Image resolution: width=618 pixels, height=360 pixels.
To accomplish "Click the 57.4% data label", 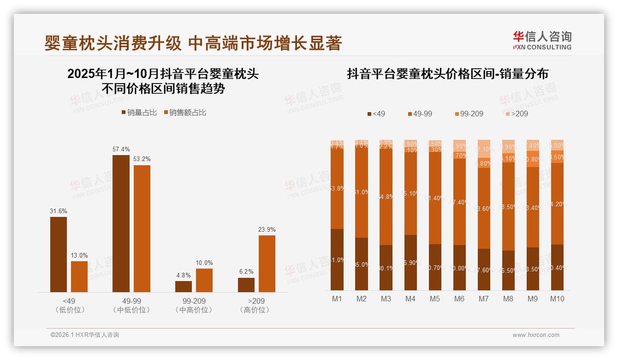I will click(121, 149).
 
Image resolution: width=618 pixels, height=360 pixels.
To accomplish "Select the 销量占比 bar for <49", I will click(59, 254).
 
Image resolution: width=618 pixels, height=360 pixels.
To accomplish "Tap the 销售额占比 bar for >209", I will click(267, 264).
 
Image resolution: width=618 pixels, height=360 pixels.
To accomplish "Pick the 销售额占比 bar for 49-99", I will click(142, 228).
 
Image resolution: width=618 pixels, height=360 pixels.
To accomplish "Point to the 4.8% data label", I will click(184, 275).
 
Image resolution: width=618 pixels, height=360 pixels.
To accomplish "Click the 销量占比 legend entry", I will click(139, 113).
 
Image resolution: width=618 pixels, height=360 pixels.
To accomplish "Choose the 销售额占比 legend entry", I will click(185, 113).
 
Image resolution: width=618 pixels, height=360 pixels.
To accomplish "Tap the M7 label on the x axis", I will click(483, 299).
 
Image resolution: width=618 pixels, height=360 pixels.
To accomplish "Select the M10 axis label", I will click(557, 299).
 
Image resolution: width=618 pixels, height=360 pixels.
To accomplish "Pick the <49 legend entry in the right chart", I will click(376, 114).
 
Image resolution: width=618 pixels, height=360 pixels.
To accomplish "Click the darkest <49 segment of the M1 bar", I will click(337, 259).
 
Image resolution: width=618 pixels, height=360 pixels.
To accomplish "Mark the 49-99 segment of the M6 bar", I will click(459, 202).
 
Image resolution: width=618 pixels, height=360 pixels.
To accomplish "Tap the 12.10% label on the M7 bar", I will click(484, 150).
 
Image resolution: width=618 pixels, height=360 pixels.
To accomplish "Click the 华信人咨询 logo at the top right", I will click(542, 40).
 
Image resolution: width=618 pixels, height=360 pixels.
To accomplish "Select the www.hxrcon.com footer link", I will click(535, 335).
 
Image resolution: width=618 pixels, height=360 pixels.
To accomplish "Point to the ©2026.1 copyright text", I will click(85, 335).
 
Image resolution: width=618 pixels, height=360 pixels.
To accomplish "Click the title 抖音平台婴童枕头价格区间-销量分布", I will click(447, 74).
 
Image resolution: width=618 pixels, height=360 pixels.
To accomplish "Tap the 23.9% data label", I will click(267, 229).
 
